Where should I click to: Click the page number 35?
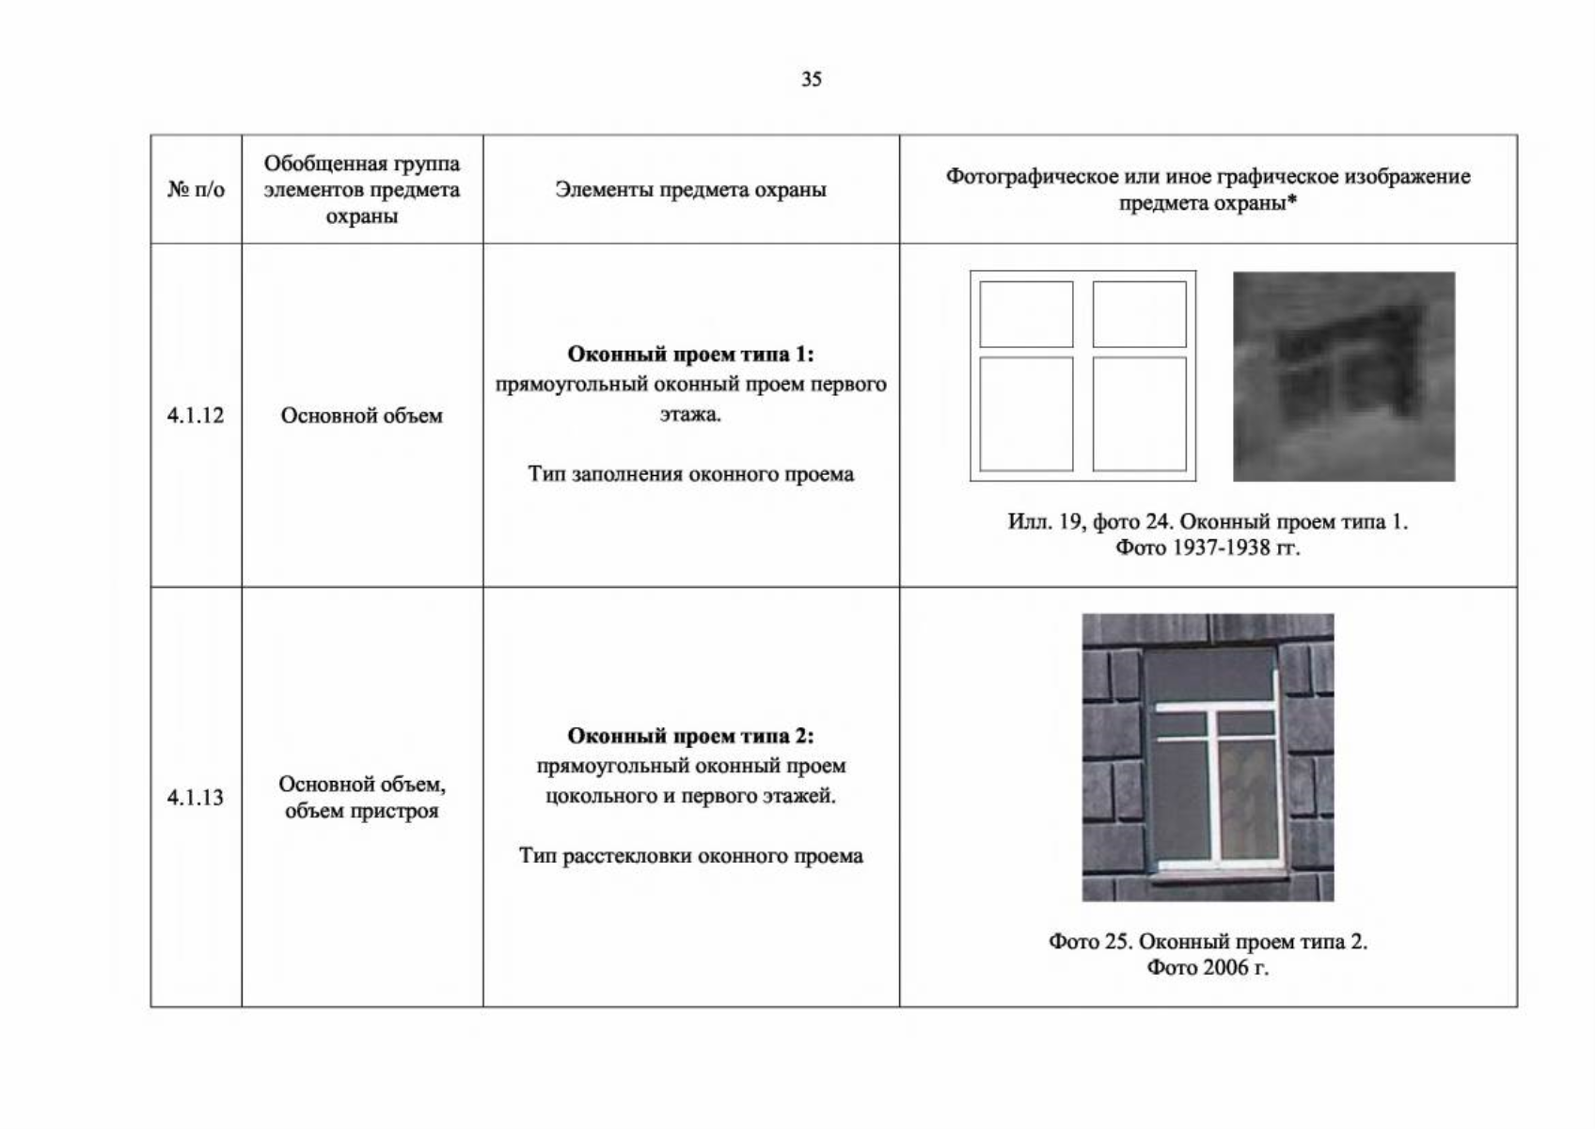pyautogui.click(x=812, y=79)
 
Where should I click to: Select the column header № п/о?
pyautogui.click(x=196, y=189)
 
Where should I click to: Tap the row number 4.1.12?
pyautogui.click(x=195, y=415)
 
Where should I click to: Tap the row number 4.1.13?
pyautogui.click(x=195, y=797)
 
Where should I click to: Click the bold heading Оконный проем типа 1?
pyautogui.click(x=690, y=354)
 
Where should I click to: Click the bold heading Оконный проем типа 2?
pyautogui.click(x=690, y=736)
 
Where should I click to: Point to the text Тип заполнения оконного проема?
pyautogui.click(x=690, y=474)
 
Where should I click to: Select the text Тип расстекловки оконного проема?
pyautogui.click(x=690, y=856)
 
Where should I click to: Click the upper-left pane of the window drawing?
pyautogui.click(x=1026, y=314)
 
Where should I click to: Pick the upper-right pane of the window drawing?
pyautogui.click(x=1139, y=314)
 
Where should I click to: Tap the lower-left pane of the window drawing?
pyautogui.click(x=1026, y=414)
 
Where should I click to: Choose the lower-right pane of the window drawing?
pyautogui.click(x=1139, y=414)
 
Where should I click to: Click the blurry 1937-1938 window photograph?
pyautogui.click(x=1344, y=376)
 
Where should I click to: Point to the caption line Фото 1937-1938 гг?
pyautogui.click(x=1208, y=548)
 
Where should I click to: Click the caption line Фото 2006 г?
pyautogui.click(x=1208, y=967)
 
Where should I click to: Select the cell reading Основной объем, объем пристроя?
pyautogui.click(x=362, y=797)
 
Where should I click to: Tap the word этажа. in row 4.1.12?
pyautogui.click(x=690, y=415)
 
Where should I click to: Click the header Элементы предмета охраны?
pyautogui.click(x=690, y=189)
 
